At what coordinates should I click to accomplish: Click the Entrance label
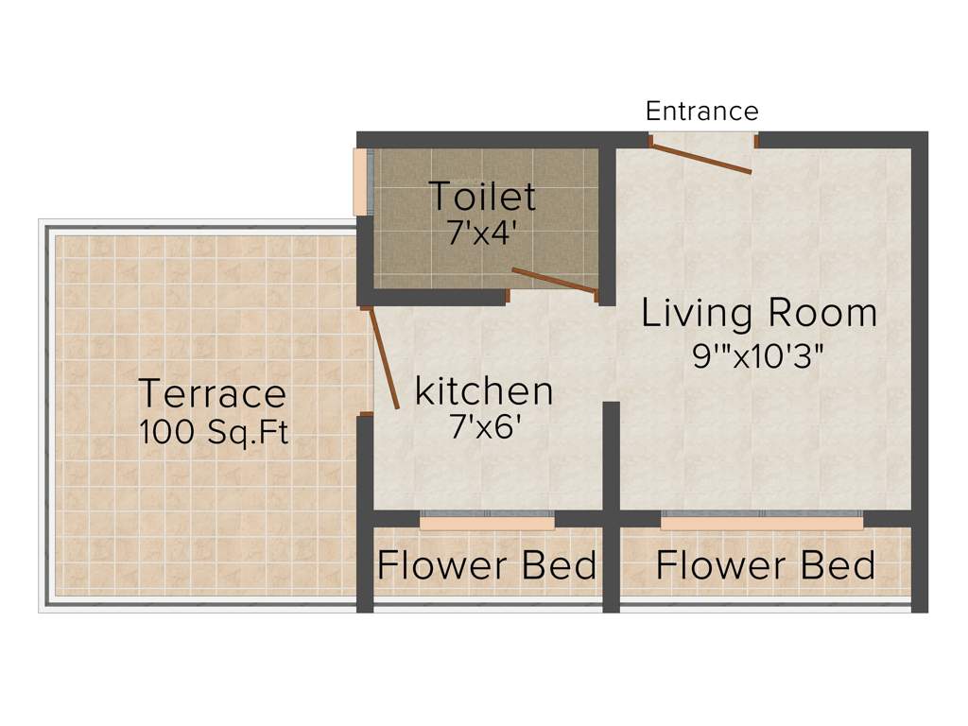click(x=701, y=112)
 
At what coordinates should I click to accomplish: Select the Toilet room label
click(x=482, y=197)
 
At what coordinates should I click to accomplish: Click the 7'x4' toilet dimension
click(x=482, y=233)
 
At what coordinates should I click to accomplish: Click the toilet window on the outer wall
click(x=360, y=181)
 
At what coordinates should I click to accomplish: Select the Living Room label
click(x=759, y=313)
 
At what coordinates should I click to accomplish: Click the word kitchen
click(x=484, y=389)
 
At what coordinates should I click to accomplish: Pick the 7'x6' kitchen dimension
click(x=485, y=426)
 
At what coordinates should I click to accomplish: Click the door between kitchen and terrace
click(x=385, y=358)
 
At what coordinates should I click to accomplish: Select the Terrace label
click(x=212, y=392)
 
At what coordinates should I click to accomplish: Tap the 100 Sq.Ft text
click(x=213, y=432)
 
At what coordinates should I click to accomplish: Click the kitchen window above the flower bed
click(x=487, y=522)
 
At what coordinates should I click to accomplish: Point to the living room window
click(x=761, y=522)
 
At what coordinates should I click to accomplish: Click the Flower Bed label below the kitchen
click(x=487, y=565)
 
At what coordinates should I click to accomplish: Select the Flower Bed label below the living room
click(x=765, y=565)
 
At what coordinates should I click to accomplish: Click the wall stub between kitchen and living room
click(x=611, y=454)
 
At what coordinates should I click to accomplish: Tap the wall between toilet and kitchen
click(x=435, y=297)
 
